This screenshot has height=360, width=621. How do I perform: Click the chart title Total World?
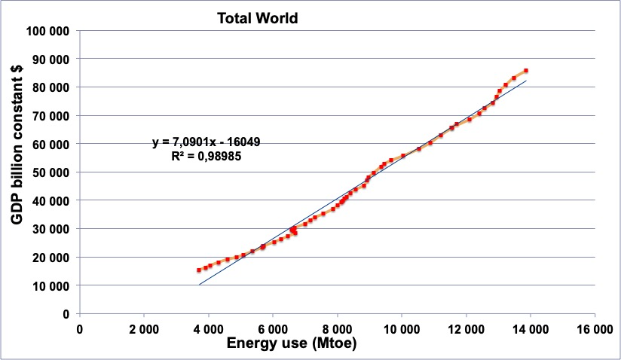pos(258,18)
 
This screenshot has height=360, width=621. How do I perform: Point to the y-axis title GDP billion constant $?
pos(17,145)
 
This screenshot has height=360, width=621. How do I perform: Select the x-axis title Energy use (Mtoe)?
pos(292,343)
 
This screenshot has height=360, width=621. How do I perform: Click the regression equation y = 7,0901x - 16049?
pos(206,142)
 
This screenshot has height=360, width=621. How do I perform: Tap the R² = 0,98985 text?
pos(206,156)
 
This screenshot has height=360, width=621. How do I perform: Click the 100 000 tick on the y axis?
pos(47,31)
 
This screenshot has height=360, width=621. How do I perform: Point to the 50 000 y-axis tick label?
pos(50,172)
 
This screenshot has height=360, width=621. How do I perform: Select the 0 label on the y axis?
pos(66,314)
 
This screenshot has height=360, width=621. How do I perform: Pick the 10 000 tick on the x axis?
pos(402,329)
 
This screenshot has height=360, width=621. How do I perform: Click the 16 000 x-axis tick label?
pos(595,329)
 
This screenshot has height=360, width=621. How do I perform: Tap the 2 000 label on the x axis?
pos(144,329)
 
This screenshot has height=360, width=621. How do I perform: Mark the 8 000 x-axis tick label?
pos(338,329)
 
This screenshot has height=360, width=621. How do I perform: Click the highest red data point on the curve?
pos(526,70)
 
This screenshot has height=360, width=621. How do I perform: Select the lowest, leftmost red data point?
pos(199,270)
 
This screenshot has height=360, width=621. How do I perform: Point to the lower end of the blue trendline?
pos(199,285)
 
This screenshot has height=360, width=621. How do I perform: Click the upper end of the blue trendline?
pos(526,81)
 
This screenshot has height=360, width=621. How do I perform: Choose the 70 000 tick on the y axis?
pos(50,116)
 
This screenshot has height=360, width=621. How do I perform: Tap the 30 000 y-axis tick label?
pos(50,229)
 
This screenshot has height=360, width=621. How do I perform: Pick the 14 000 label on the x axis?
pos(531,329)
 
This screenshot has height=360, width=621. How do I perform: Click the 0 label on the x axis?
pos(80,329)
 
